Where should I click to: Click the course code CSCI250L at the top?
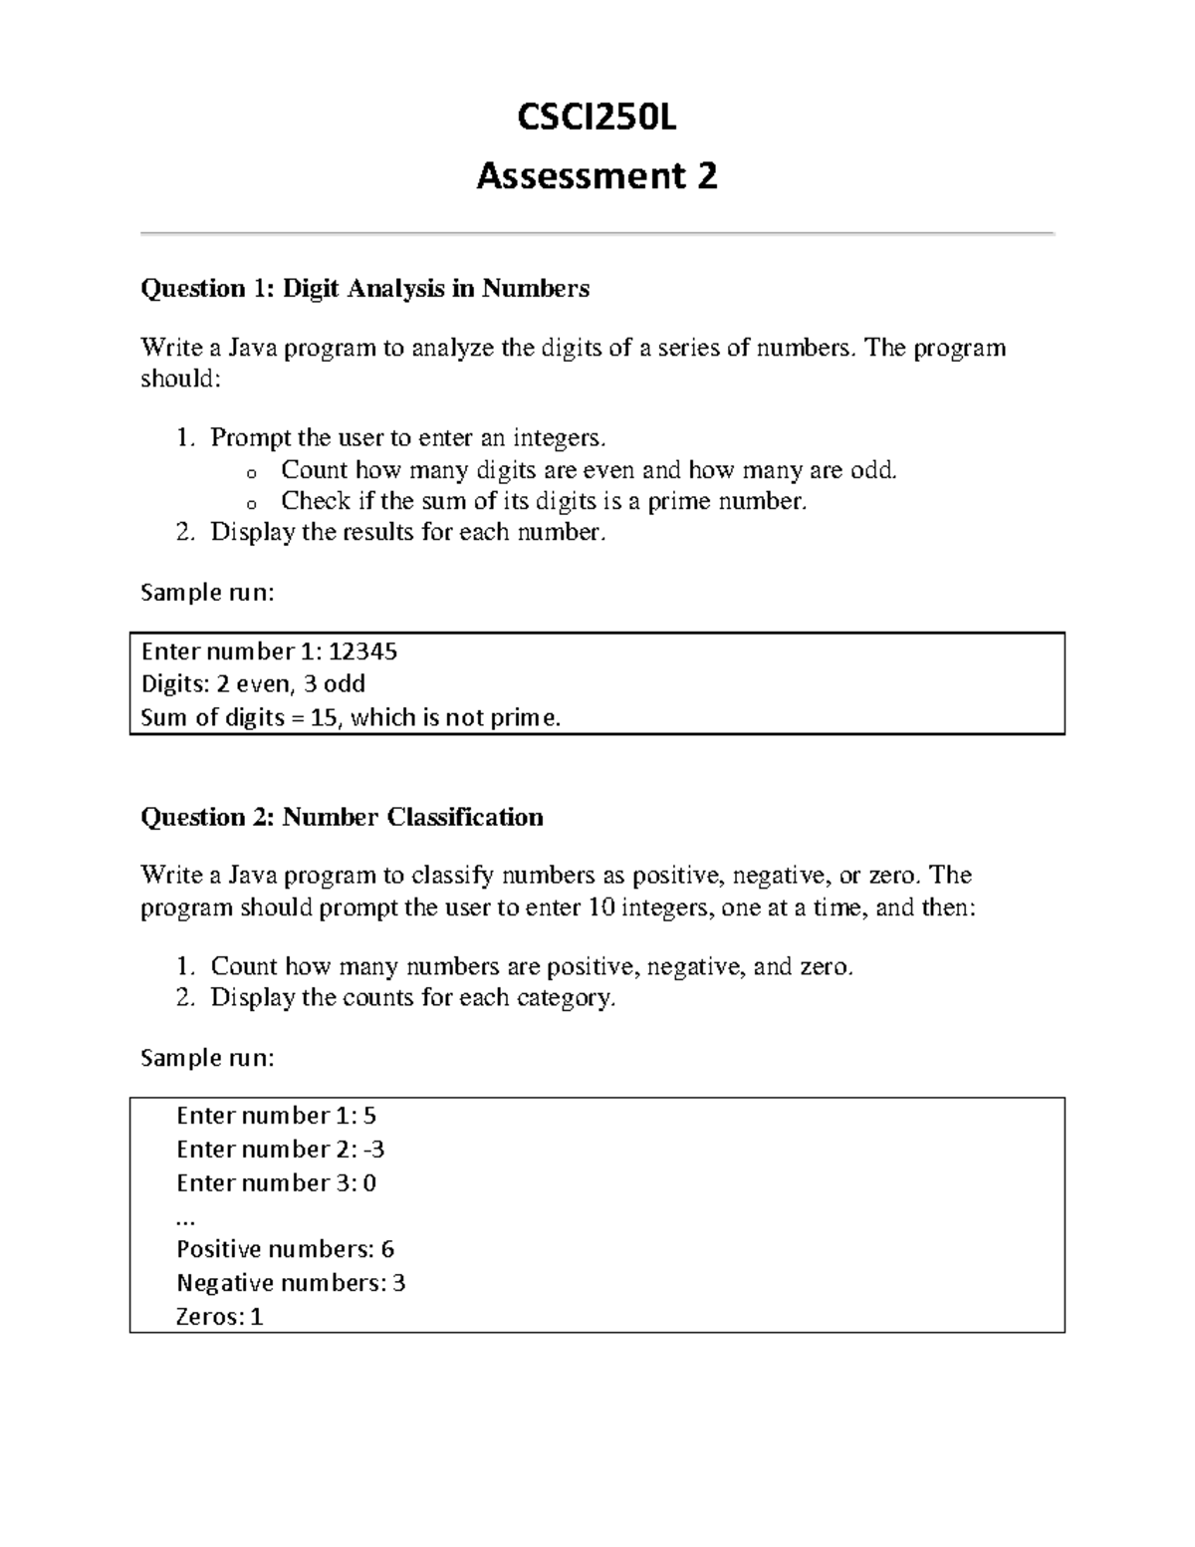point(597,119)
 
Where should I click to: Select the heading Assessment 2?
point(597,176)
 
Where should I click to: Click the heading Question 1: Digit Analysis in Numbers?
point(364,289)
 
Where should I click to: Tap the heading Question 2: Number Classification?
point(342,818)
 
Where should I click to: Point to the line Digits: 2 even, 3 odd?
point(253,684)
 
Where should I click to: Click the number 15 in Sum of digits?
point(324,718)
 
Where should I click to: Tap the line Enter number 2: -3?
point(280,1150)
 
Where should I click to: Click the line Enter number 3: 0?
point(276,1183)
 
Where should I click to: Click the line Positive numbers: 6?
point(285,1249)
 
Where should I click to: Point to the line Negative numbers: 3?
point(290,1283)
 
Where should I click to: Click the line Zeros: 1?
point(219,1317)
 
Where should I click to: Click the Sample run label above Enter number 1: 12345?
point(206,593)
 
